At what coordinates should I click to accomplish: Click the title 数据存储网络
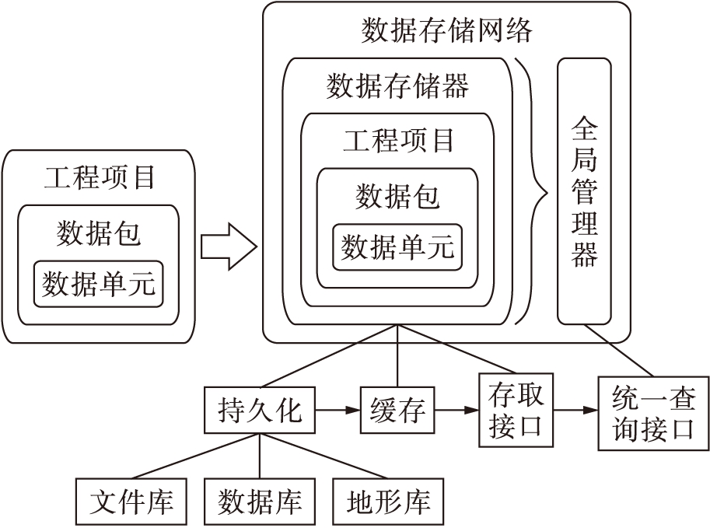pyautogui.click(x=446, y=30)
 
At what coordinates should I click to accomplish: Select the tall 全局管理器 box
pyautogui.click(x=584, y=191)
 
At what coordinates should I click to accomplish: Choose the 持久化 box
pyautogui.click(x=260, y=411)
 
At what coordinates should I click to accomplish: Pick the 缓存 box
pyautogui.click(x=397, y=411)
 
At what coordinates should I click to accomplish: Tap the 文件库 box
pyautogui.click(x=131, y=502)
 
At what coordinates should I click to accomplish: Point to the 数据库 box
pyautogui.click(x=259, y=502)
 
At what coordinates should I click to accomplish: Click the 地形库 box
pyautogui.click(x=387, y=502)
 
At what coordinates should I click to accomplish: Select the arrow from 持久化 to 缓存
pyautogui.click(x=338, y=410)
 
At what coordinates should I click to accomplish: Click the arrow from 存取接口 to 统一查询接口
pyautogui.click(x=575, y=410)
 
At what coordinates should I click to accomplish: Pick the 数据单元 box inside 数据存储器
pyautogui.click(x=397, y=247)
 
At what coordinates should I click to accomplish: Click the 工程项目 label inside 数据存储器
pyautogui.click(x=397, y=141)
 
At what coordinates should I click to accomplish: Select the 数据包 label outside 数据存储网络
pyautogui.click(x=99, y=233)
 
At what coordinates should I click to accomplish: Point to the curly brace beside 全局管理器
pyautogui.click(x=535, y=191)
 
